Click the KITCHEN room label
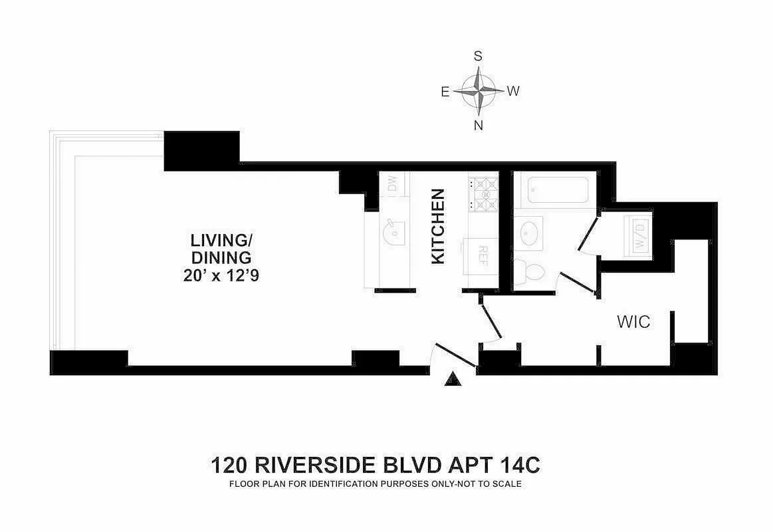pos(438,226)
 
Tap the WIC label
pos(633,322)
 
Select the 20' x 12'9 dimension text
pos(221,275)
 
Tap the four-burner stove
pos(483,194)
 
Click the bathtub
pos(558,190)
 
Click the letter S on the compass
pos(478,57)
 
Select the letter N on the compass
pos(478,126)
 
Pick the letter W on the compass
pos(513,91)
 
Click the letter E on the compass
pos(445,92)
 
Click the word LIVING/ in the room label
pos(221,241)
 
